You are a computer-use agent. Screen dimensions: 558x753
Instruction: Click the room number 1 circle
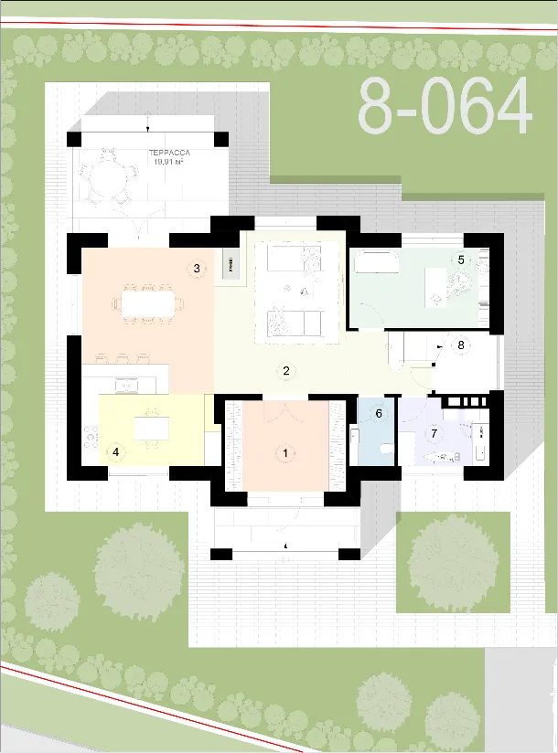(x=285, y=453)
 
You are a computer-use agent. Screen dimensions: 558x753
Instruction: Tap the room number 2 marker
(x=286, y=371)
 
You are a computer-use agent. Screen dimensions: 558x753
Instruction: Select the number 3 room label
(x=197, y=268)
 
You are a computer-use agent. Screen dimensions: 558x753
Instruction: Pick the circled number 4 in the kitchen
(x=115, y=452)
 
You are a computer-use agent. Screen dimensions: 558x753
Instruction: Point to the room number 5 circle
(x=461, y=260)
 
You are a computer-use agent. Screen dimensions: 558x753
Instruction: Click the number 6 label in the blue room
(x=379, y=413)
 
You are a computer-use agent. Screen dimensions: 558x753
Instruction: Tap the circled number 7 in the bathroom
(x=434, y=434)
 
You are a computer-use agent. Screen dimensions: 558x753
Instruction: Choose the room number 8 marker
(x=461, y=345)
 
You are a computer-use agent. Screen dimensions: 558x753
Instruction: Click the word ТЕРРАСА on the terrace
(x=169, y=153)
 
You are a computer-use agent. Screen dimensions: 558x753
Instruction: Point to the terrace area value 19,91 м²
(x=168, y=162)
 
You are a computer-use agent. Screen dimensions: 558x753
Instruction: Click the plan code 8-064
(x=445, y=107)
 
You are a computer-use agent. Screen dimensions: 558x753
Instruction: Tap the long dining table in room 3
(x=147, y=304)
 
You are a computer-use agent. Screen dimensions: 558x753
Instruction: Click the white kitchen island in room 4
(x=152, y=428)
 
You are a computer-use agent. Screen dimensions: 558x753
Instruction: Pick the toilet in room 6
(x=386, y=450)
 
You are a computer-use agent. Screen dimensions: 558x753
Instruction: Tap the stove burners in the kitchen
(x=91, y=437)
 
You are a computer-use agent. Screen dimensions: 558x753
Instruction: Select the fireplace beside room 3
(x=231, y=264)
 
